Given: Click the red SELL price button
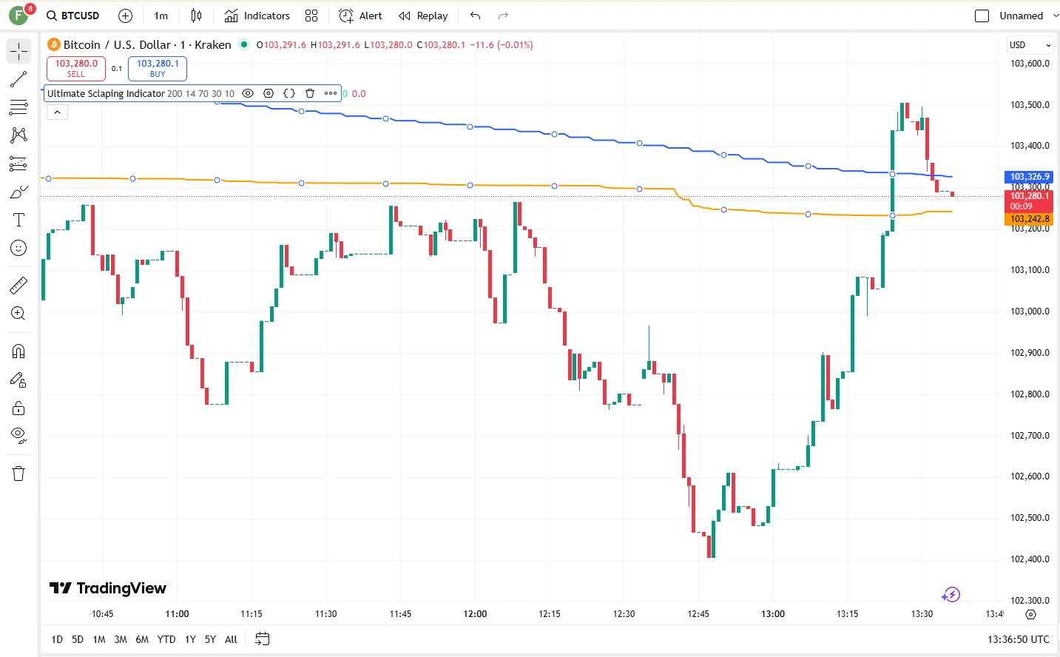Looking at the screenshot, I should [x=76, y=68].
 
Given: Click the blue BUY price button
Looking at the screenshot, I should [x=158, y=68].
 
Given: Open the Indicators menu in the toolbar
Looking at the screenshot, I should [x=257, y=16].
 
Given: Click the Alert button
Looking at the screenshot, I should [x=360, y=16].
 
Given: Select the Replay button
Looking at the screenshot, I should [x=423, y=16].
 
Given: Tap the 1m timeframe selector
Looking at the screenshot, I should [x=161, y=16].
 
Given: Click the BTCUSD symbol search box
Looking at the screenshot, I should [x=72, y=16].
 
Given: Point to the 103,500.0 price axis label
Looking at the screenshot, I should [x=1030, y=105].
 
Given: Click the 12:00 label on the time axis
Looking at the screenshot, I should [x=475, y=613].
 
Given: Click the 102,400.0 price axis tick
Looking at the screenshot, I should [x=1030, y=559].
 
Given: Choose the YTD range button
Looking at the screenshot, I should [x=166, y=639].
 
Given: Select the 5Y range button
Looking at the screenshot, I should [x=210, y=639].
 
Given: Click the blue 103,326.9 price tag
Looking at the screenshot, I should [x=1029, y=177].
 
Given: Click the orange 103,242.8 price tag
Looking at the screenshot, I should [x=1029, y=219].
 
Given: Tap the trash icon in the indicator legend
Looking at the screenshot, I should [x=310, y=93].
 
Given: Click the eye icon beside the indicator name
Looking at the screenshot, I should [x=248, y=93].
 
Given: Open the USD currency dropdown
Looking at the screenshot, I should [x=1030, y=45].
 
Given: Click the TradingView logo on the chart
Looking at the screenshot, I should [x=108, y=588].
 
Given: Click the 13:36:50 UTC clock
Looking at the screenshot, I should [x=1018, y=639].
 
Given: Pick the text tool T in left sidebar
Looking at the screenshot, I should [x=18, y=220].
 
